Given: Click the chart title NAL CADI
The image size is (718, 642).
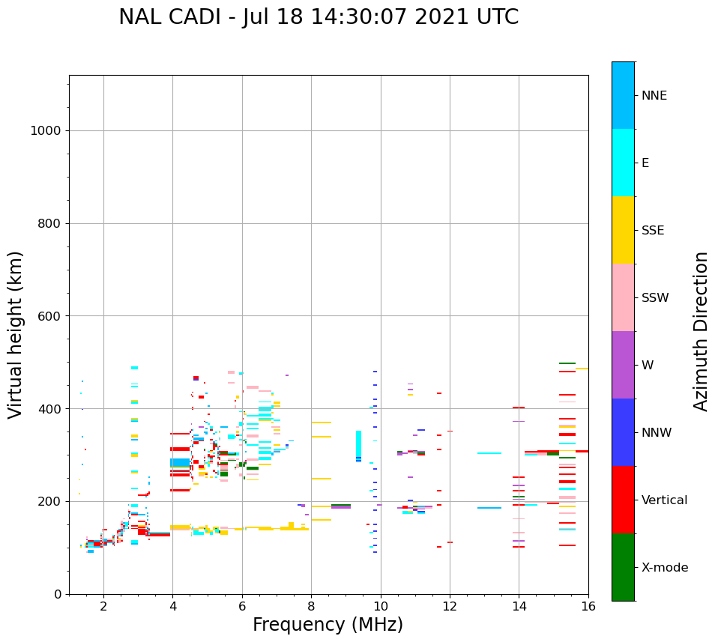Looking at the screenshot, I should [x=319, y=17].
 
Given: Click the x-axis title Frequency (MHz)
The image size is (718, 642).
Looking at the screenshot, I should [x=328, y=625].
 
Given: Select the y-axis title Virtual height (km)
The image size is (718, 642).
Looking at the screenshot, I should [x=16, y=335].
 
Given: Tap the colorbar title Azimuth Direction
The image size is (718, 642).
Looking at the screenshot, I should [x=701, y=331].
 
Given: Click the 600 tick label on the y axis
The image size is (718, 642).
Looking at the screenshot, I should [x=49, y=316].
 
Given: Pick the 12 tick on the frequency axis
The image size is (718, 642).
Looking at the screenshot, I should [x=450, y=605].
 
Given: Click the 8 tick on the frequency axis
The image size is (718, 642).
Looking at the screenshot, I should [x=311, y=605].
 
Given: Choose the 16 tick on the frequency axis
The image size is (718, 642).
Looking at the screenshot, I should [x=588, y=605].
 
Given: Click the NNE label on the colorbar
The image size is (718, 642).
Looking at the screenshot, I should [x=654, y=96].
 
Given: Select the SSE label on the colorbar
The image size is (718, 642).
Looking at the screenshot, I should [x=654, y=231].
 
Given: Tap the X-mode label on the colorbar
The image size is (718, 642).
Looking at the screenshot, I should [x=665, y=568].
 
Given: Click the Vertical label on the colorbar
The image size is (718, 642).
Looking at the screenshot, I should [x=665, y=500].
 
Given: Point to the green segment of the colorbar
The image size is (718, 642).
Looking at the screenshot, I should [x=623, y=567].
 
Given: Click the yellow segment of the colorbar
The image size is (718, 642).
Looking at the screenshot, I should [x=623, y=230].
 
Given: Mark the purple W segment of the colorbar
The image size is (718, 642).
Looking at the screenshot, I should [x=623, y=365].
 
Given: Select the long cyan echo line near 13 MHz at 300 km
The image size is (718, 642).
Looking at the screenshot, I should [x=489, y=453].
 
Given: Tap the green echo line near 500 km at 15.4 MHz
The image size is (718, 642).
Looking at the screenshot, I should [x=567, y=363].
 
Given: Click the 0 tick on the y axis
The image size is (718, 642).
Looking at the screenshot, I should [x=58, y=594].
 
